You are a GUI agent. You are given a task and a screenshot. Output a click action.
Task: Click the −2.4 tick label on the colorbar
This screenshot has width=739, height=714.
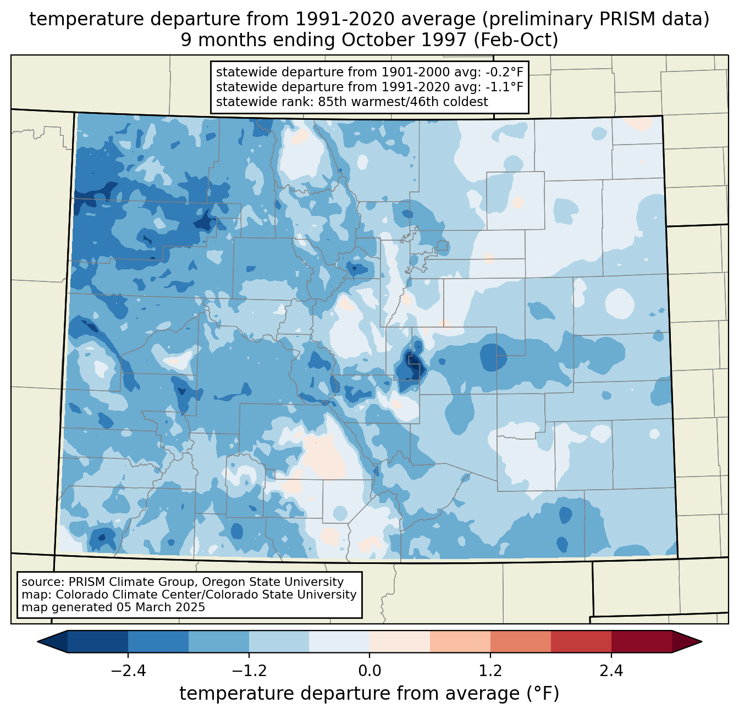click(x=128, y=671)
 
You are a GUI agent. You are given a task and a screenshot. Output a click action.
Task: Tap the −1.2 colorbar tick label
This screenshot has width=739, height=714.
click(x=249, y=671)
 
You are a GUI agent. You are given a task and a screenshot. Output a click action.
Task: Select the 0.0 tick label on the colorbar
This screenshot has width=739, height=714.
click(x=369, y=671)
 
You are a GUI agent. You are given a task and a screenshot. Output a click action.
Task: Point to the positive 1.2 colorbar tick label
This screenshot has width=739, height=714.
click(x=490, y=671)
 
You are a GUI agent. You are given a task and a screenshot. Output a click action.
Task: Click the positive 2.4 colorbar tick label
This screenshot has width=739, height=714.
click(x=611, y=671)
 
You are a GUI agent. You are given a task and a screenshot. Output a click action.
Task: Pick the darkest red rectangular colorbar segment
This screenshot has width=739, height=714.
click(x=641, y=641)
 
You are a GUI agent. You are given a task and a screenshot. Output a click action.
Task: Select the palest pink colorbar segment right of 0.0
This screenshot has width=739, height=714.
click(x=400, y=641)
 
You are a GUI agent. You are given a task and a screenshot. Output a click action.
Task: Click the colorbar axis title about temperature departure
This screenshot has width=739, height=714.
click(x=369, y=694)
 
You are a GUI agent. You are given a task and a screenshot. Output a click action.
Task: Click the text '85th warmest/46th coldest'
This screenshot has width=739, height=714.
click(x=403, y=102)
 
